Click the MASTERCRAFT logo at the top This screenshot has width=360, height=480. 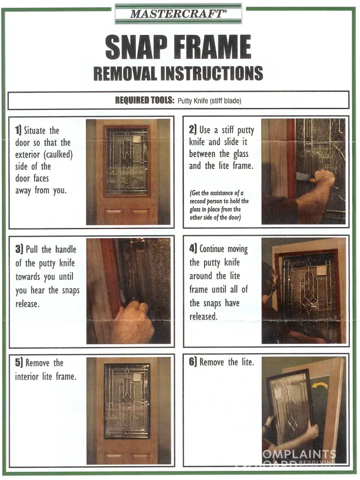coord(179,14)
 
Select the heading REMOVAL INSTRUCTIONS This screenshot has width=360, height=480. coord(178,73)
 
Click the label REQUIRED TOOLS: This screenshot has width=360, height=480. coord(144,100)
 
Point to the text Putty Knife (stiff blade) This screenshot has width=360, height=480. coord(209,101)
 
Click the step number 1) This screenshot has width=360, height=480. coord(18,130)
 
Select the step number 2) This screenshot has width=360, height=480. coord(192,130)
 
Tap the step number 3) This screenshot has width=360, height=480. coord(19,249)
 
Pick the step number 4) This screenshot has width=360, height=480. coord(193,248)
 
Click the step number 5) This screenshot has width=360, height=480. coord(19,362)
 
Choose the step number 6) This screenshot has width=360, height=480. coord(193,362)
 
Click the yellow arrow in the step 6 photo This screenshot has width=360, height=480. coord(320,385)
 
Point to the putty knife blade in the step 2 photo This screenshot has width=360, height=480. coord(303,177)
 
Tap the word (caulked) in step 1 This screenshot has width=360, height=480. coord(58,155)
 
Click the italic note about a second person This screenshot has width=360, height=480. coord(219,205)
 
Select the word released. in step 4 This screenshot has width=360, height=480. coord(203,316)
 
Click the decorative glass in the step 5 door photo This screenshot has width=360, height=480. coord(127,401)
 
